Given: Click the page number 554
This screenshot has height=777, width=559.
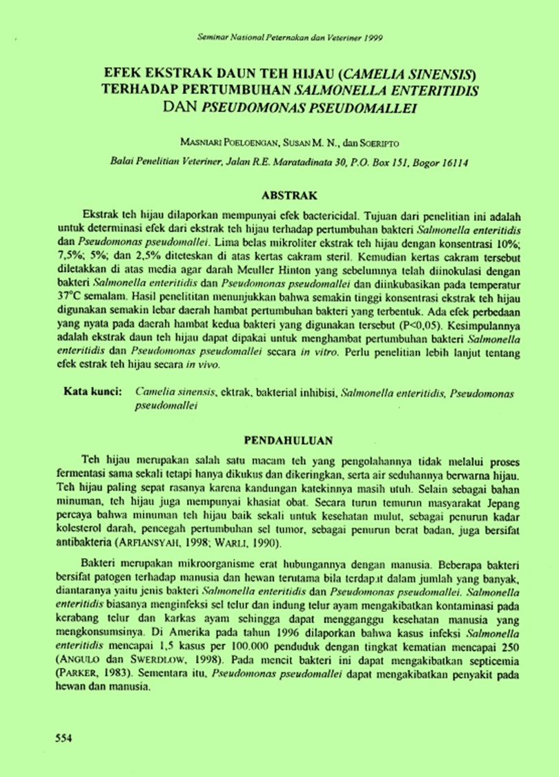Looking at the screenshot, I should pyautogui.click(x=64, y=738).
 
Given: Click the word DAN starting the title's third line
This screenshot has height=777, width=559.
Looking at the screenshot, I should pyautogui.click(x=183, y=107).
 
